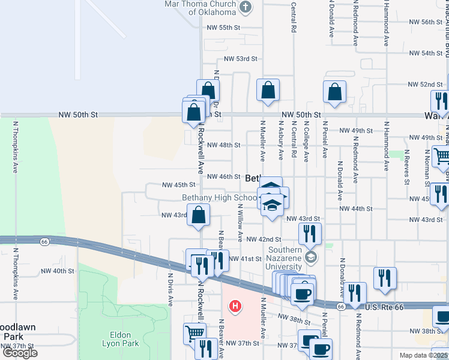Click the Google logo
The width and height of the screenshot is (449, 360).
point(20,353)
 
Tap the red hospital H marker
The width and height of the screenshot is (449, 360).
point(236,307)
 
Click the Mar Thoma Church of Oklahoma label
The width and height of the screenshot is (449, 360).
point(200,8)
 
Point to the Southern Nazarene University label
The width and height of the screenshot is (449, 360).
point(285,259)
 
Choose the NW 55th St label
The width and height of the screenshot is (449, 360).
point(223,28)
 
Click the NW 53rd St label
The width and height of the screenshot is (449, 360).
point(240,59)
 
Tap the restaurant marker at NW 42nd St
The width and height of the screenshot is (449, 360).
point(310,233)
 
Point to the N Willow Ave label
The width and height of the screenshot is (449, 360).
point(240,223)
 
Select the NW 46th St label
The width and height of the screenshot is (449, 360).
point(223,176)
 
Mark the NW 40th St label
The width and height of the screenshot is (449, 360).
point(59,271)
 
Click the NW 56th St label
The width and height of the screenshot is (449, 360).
point(426,22)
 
